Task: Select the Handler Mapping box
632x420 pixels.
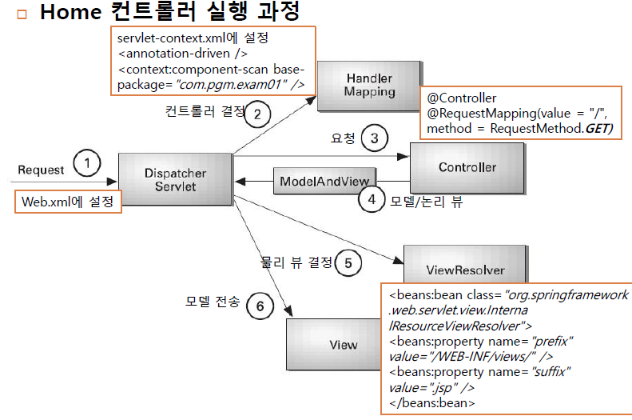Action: click(369, 85)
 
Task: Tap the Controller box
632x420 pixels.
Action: click(467, 167)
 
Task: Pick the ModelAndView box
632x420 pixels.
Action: click(324, 182)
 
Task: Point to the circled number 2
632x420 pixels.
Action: click(256, 114)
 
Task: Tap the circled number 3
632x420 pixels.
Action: click(374, 138)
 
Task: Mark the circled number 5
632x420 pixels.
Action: click(348, 262)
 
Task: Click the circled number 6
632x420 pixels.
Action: click(260, 305)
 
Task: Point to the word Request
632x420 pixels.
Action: click(42, 170)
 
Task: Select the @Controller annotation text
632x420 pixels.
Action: click(462, 98)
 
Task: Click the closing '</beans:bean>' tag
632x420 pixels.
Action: click(432, 402)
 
